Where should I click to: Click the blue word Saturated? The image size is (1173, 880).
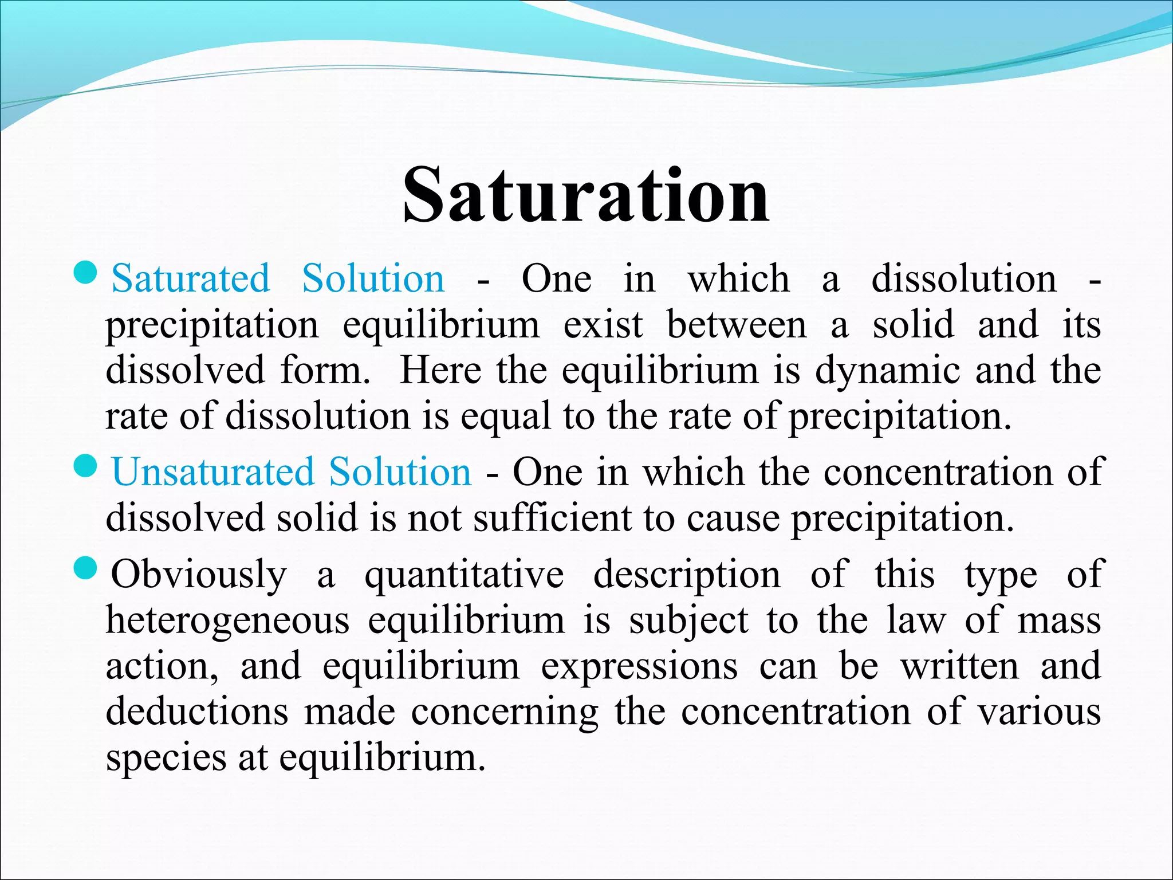point(190,278)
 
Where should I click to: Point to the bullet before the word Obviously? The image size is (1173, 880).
point(87,569)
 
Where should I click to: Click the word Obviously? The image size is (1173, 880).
point(199,575)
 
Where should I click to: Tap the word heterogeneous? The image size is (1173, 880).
point(227,621)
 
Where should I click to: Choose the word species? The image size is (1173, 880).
point(166,759)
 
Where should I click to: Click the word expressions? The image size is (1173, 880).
point(639,667)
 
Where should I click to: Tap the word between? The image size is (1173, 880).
point(737,325)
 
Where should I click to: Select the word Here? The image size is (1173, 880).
point(440,370)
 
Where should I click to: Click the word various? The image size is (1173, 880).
point(1039,712)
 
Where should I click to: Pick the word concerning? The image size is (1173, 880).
point(505,713)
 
